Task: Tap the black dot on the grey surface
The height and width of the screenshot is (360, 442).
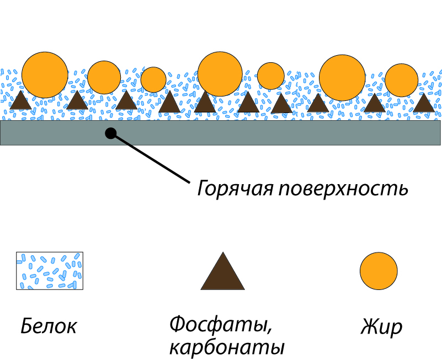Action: [110, 133]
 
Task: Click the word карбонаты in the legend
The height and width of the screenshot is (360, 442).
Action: [226, 348]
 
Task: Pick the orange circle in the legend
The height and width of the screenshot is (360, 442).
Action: [379, 271]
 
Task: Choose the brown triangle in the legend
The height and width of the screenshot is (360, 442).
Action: [222, 273]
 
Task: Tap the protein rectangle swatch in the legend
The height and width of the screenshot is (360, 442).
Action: [50, 271]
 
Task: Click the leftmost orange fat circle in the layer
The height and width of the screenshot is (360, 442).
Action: [45, 74]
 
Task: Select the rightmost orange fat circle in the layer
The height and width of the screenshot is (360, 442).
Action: [401, 80]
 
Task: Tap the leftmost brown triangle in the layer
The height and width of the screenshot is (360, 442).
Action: [21, 100]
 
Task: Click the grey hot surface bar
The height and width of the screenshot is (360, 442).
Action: [276, 132]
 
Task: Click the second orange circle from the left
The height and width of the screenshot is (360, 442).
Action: [104, 77]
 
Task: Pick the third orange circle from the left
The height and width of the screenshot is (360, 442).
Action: [153, 79]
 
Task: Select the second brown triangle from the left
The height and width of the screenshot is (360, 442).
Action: [77, 100]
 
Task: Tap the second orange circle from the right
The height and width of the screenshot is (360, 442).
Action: [342, 77]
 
